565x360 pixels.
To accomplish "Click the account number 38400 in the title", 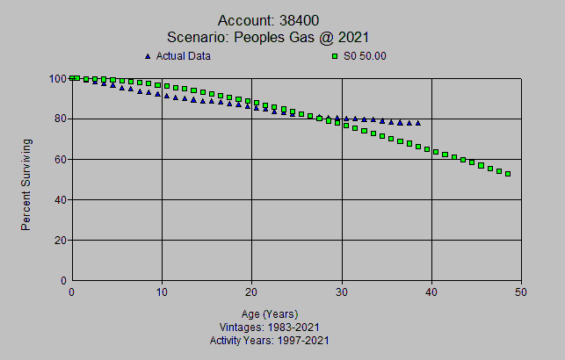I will [311, 20].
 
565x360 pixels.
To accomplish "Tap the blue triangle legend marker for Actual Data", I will [148, 56].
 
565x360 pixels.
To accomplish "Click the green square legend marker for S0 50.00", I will [334, 56].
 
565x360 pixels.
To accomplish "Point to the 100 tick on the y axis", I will [58, 78].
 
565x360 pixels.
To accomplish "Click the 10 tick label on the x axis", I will [162, 293].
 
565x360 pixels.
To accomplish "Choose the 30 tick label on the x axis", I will [342, 293].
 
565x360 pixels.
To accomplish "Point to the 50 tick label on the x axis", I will [521, 293].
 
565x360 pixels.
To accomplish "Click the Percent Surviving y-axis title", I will [26, 184].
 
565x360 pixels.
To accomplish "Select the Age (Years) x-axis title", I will [270, 313].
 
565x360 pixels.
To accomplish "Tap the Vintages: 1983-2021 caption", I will [270, 327].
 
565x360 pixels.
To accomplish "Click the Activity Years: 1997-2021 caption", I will [270, 340].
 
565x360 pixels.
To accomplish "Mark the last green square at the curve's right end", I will [508, 174].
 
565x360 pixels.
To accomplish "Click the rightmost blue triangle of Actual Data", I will [418, 122].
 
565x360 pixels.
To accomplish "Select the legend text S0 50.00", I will [365, 56].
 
